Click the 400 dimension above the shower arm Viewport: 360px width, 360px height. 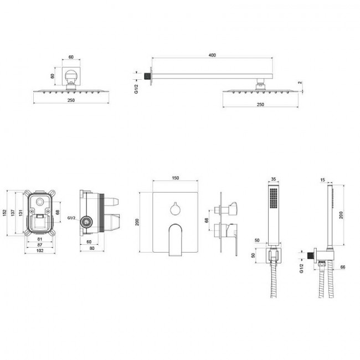pyautogui.click(x=212, y=55)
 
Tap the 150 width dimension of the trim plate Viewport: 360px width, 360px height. pyautogui.click(x=175, y=178)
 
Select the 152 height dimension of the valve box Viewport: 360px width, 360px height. pyautogui.click(x=4, y=213)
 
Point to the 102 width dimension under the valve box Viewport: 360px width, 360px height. pyautogui.click(x=40, y=250)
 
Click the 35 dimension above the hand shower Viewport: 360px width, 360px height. pyautogui.click(x=274, y=179)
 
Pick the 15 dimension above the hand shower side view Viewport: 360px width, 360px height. pyautogui.click(x=322, y=180)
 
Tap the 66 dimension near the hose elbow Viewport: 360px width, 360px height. pyautogui.click(x=342, y=267)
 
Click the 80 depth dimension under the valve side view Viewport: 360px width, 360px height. pyautogui.click(x=91, y=248)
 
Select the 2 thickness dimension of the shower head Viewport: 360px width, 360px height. pyautogui.click(x=300, y=83)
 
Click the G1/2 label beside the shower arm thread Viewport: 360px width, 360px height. pyautogui.click(x=136, y=89)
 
